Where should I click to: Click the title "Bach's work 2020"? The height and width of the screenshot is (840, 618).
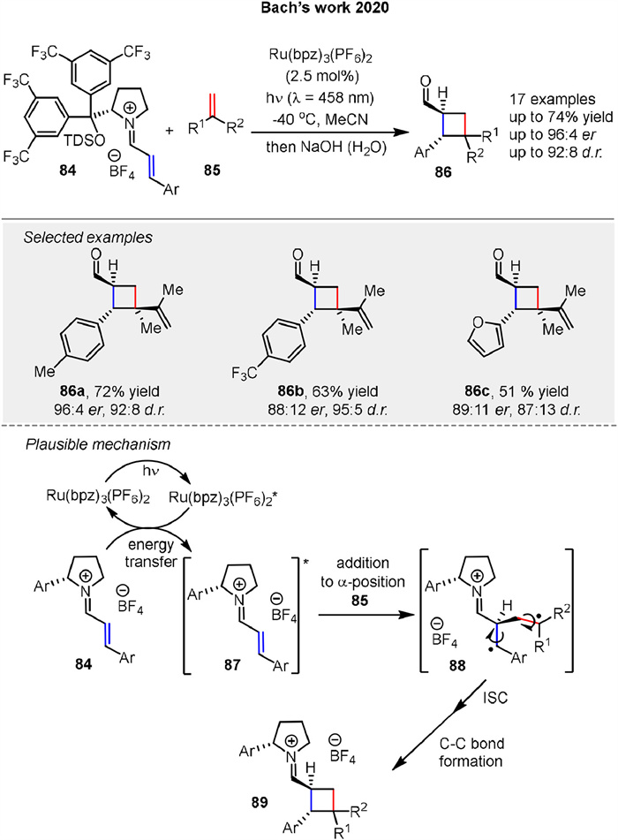[x=308, y=12]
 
